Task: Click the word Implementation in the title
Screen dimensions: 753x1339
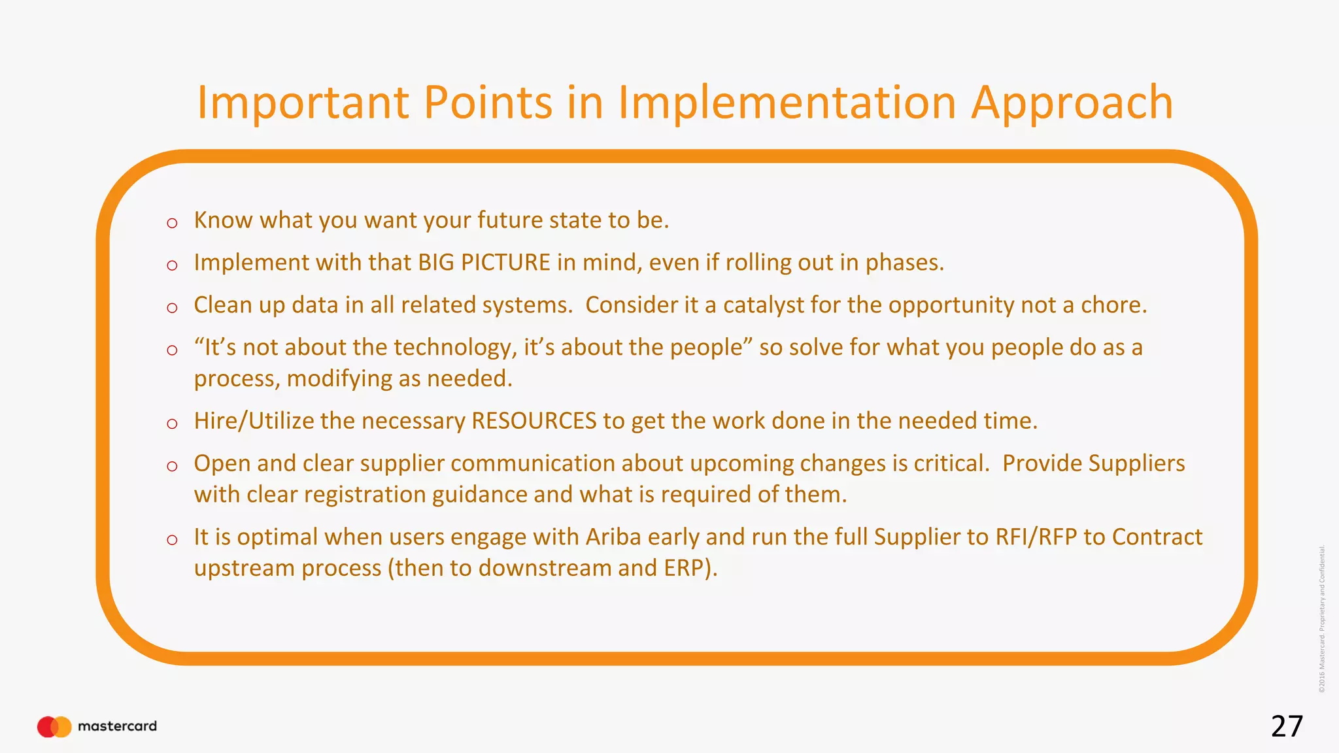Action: coord(787,103)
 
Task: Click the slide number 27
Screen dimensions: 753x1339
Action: coord(1287,726)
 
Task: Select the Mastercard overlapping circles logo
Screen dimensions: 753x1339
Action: coord(54,726)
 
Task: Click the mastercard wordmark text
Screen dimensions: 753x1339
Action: coord(117,726)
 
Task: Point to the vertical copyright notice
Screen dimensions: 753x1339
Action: coord(1321,618)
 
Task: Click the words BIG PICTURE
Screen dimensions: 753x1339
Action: coord(484,262)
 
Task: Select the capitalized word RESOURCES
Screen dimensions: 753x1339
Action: coord(534,420)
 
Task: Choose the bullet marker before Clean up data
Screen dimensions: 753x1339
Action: coord(172,308)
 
